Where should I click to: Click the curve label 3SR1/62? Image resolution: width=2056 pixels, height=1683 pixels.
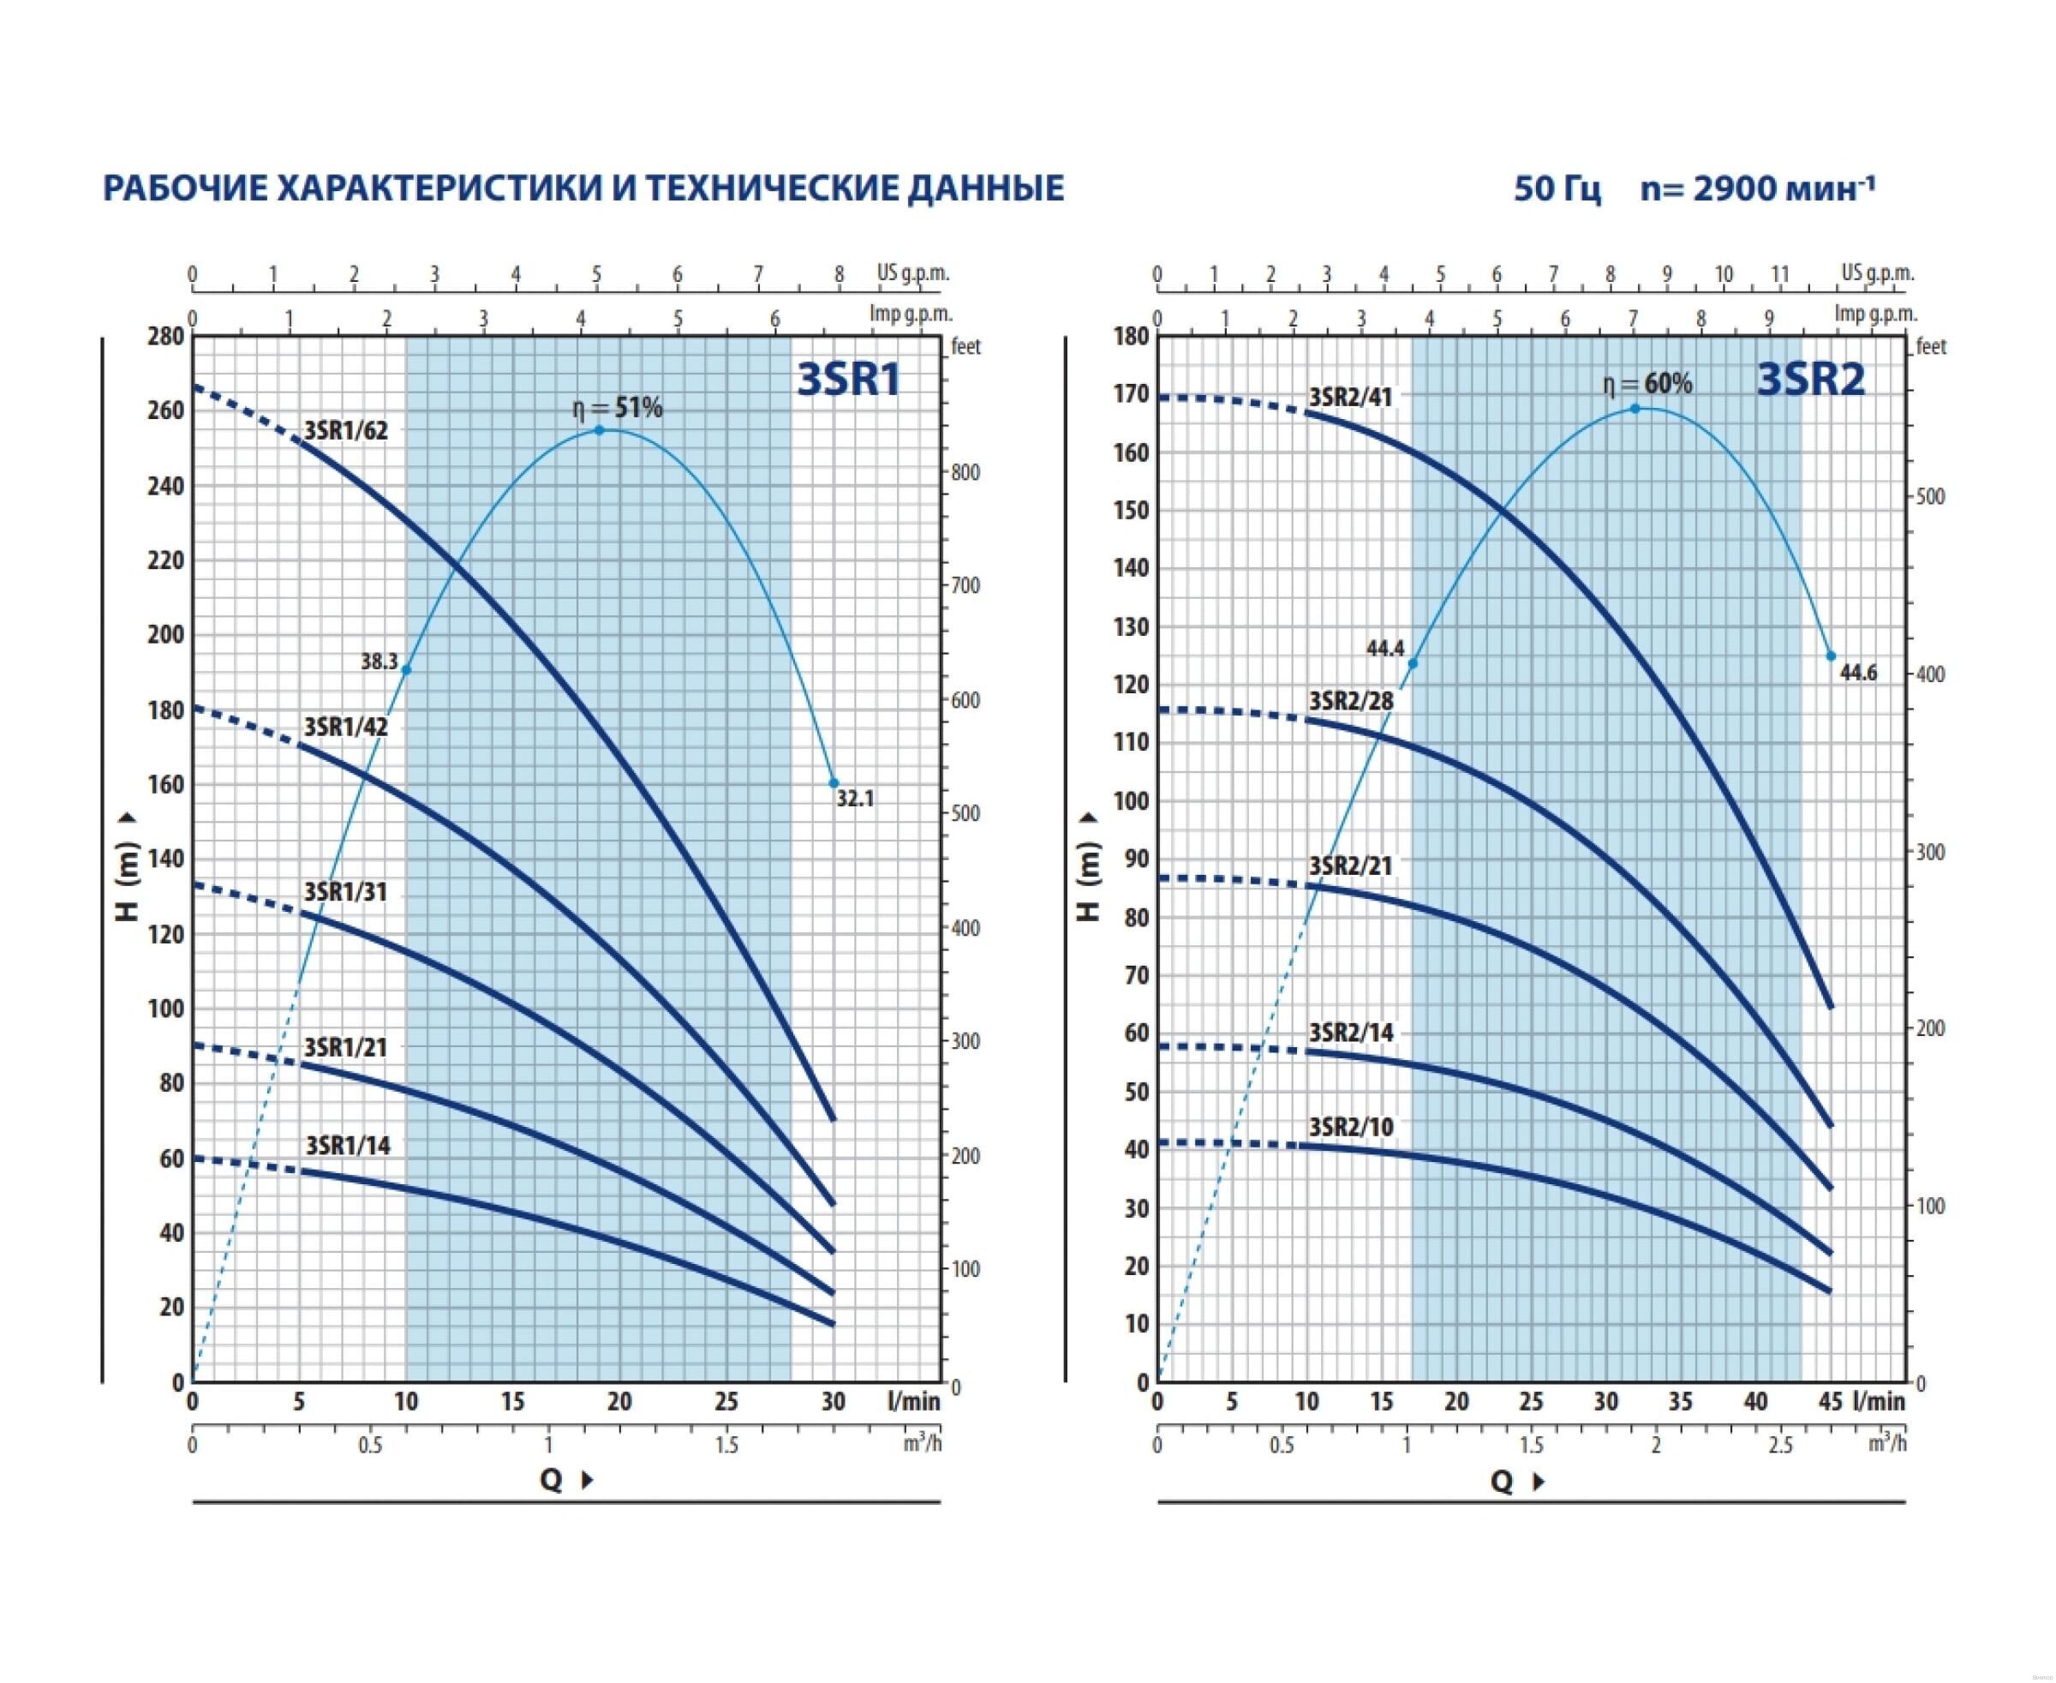tap(346, 430)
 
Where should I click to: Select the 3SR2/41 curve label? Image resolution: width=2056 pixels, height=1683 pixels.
tap(1350, 397)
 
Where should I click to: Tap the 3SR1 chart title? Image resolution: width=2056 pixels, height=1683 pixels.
tap(848, 379)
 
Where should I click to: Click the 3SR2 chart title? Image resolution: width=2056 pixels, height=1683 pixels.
tap(1811, 379)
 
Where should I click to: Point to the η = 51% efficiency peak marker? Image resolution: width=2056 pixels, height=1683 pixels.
tap(599, 429)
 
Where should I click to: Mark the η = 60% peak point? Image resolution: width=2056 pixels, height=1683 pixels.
tap(1635, 408)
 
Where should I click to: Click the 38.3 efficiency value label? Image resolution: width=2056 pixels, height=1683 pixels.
tap(379, 662)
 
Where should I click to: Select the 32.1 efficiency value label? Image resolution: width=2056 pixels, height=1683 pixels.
tap(855, 799)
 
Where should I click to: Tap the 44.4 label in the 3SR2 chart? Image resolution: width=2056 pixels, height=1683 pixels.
tap(1385, 649)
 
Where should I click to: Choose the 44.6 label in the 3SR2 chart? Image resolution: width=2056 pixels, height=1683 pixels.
tap(1858, 673)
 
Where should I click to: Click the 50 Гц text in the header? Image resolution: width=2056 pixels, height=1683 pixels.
tap(1557, 188)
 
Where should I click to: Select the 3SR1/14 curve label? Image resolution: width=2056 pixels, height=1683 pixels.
tap(348, 1146)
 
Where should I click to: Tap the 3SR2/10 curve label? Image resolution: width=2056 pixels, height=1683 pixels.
tap(1351, 1127)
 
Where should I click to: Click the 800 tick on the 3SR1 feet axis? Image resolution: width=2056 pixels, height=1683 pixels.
tap(965, 473)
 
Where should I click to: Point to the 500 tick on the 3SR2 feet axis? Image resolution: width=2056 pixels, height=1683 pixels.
tap(1930, 496)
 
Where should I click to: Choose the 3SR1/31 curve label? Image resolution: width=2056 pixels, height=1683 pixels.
tap(345, 892)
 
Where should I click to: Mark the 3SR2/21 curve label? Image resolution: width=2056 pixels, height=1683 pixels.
tap(1350, 865)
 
